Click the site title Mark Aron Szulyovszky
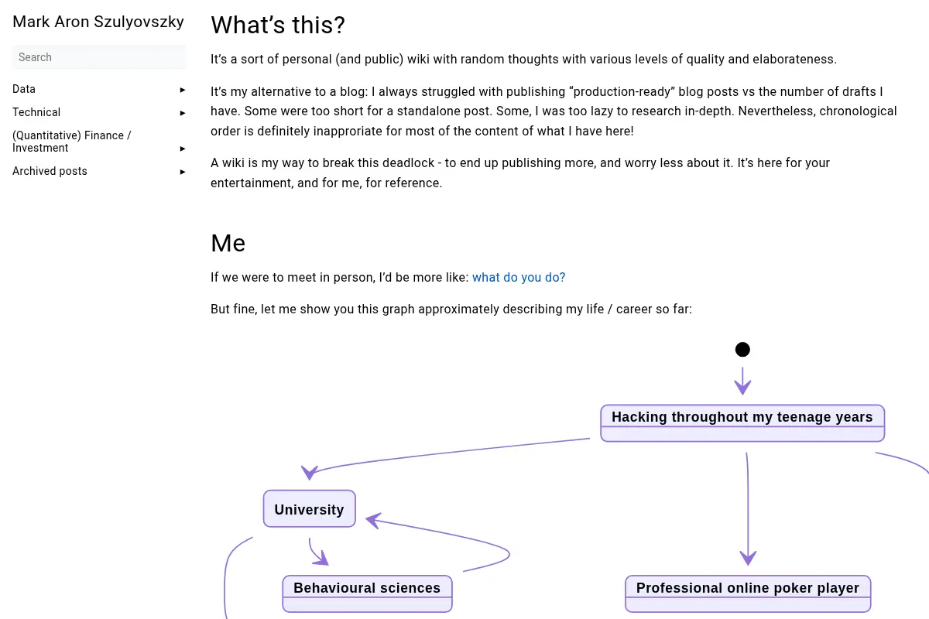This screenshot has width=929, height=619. coord(98,22)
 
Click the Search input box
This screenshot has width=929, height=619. coord(99,57)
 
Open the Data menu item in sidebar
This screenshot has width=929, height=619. coord(24,89)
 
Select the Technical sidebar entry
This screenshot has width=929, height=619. coord(36,112)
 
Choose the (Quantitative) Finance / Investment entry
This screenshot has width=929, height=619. coord(72,142)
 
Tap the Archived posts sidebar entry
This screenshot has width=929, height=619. coord(50,171)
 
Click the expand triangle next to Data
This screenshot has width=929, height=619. coord(183,90)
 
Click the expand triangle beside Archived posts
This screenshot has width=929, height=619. coord(183,172)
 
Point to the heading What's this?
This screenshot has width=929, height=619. coord(278,25)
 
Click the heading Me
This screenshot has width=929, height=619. coord(228,243)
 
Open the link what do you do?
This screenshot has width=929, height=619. coord(519,277)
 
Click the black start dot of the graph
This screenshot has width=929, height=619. coord(742,350)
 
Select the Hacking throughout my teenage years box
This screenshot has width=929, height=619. coord(742,423)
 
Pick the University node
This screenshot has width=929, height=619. coord(310,508)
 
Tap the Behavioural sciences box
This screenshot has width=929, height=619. coord(367,593)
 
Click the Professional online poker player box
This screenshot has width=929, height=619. coord(748,593)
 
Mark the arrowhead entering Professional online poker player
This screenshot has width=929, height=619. coord(748,558)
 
